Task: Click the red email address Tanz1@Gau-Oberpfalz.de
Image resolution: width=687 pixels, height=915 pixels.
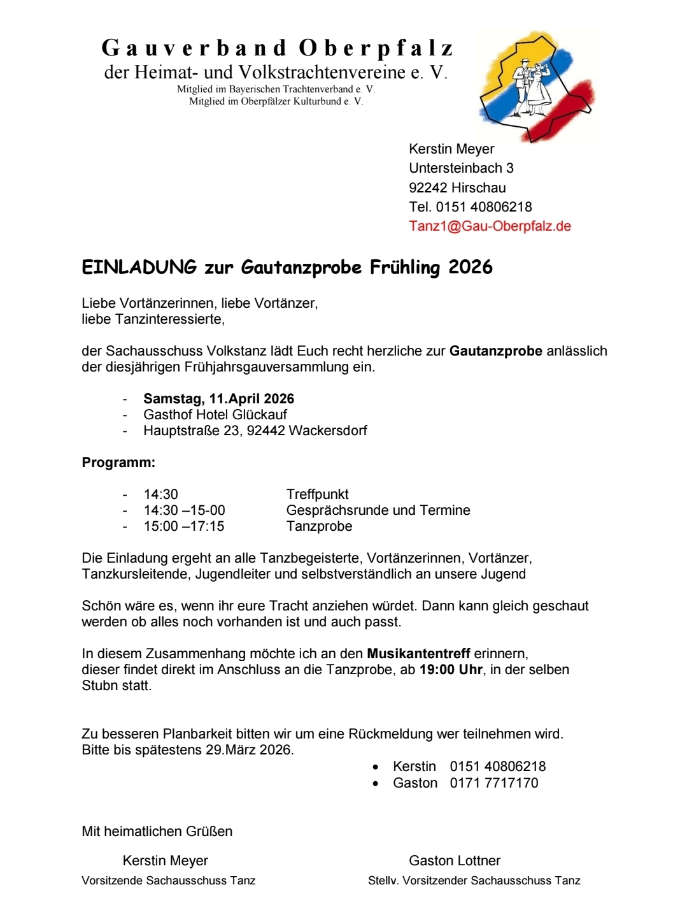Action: tap(490, 226)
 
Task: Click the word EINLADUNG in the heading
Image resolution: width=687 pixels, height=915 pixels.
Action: tap(139, 267)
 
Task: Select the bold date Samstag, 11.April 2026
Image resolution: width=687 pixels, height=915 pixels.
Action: tap(218, 399)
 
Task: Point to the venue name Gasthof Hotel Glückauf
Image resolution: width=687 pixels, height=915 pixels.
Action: tap(215, 415)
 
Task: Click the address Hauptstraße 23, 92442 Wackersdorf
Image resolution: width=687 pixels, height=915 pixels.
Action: tap(255, 431)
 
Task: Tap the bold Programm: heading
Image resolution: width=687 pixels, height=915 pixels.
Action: tap(118, 463)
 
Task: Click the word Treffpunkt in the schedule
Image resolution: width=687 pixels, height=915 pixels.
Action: tap(317, 494)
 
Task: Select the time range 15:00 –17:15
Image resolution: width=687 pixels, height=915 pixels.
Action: tap(184, 526)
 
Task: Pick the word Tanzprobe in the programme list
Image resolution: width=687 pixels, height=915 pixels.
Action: tap(319, 526)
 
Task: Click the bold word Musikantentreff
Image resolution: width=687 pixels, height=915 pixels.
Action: tap(418, 654)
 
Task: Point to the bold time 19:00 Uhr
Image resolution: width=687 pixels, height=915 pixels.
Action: tap(450, 670)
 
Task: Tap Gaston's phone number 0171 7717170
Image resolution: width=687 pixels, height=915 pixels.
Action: tap(493, 783)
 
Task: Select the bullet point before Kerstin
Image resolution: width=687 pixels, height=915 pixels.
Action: tap(376, 767)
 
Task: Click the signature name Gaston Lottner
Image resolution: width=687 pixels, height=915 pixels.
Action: tap(455, 861)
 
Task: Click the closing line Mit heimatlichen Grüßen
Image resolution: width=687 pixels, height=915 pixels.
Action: tap(157, 832)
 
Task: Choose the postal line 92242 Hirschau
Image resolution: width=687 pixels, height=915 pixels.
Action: tap(457, 188)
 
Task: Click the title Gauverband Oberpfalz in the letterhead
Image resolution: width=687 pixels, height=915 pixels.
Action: tap(278, 48)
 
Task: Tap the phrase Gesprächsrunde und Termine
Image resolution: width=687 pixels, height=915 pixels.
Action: tap(378, 510)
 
